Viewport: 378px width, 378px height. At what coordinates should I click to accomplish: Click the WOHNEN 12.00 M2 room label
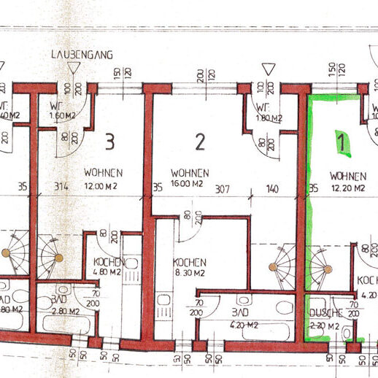[102, 179]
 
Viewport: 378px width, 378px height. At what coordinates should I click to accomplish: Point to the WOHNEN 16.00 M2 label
[190, 179]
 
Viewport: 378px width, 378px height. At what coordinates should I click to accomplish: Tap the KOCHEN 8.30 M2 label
[189, 268]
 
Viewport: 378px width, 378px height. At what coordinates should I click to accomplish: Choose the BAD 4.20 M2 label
[241, 315]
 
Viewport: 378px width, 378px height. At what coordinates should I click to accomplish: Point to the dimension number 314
[63, 188]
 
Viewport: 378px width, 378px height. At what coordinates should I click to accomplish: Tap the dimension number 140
[272, 188]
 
